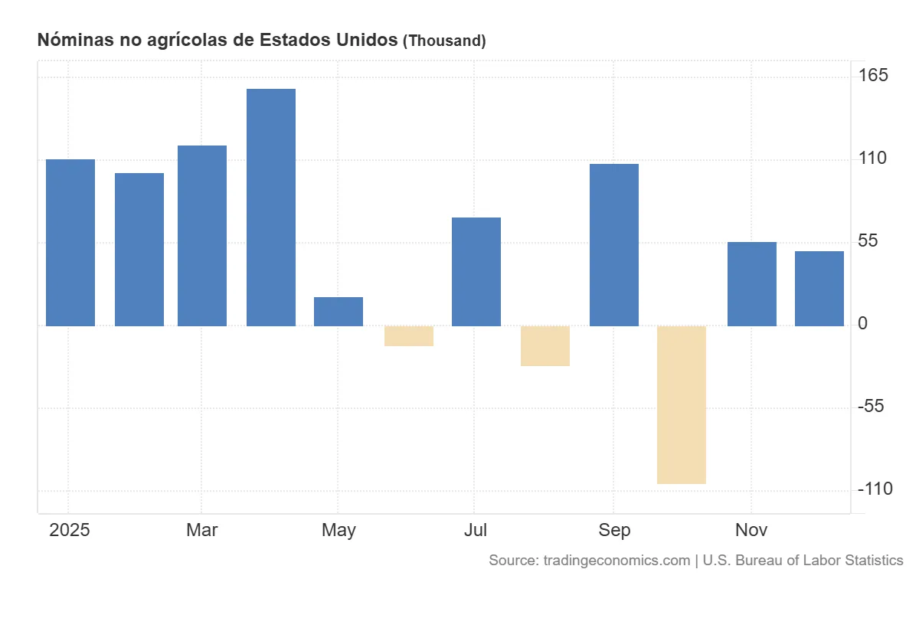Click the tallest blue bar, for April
point(270,207)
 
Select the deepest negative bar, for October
point(681,404)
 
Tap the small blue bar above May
point(338,311)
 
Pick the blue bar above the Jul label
point(476,271)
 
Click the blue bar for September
point(613,244)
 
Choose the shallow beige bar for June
point(408,335)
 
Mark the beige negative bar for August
point(545,345)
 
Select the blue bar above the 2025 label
point(70,242)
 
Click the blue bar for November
point(751,283)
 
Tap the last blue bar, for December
point(819,288)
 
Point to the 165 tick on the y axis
point(872,75)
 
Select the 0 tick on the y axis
point(862,324)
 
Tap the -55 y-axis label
point(872,406)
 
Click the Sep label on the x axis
point(614,530)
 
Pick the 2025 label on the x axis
point(69,530)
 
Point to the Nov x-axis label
point(751,530)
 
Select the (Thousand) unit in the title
point(444,41)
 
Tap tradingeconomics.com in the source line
point(616,561)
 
